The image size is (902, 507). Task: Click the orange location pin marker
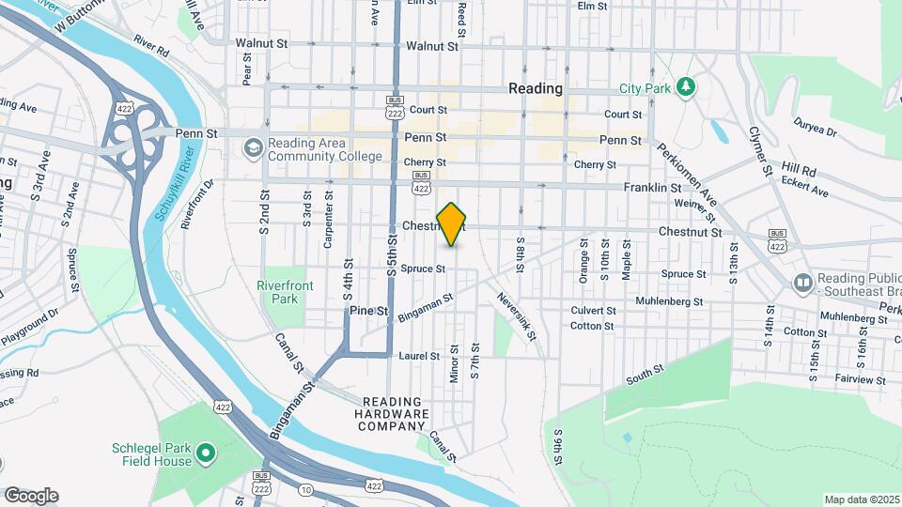click(451, 224)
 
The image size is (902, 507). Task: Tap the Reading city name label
click(535, 88)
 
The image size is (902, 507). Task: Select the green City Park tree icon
click(686, 88)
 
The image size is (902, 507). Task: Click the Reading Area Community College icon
click(253, 148)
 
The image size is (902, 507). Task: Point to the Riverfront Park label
click(278, 292)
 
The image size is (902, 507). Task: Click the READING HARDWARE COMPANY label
click(395, 413)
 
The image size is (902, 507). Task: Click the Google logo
click(31, 495)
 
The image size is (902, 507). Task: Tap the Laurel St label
click(419, 356)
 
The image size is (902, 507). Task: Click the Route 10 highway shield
click(305, 489)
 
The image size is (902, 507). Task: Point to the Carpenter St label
click(328, 220)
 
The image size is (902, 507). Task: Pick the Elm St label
click(592, 6)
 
